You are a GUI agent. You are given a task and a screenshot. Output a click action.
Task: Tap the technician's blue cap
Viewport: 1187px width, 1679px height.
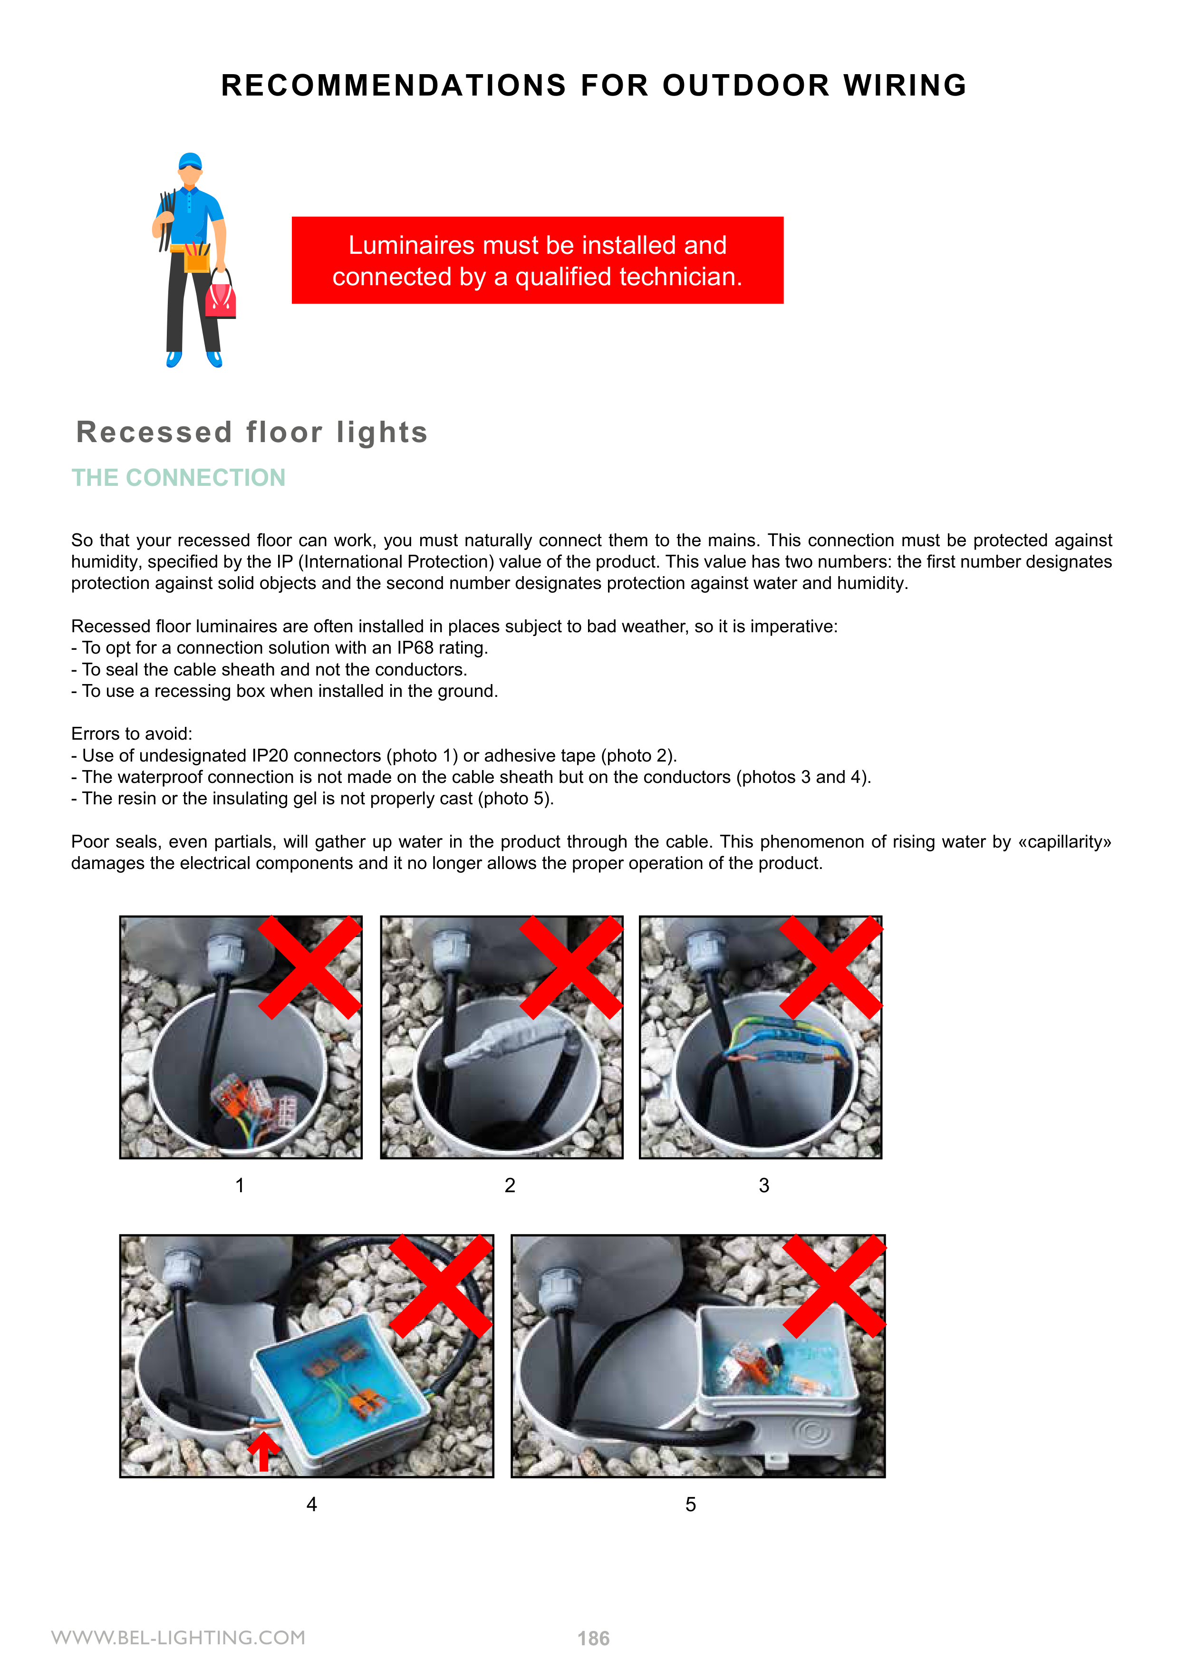(x=190, y=161)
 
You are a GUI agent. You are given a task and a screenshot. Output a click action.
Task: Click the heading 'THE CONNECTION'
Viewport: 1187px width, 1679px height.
(x=178, y=478)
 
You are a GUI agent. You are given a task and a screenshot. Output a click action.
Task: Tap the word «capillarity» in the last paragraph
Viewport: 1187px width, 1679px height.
(x=1064, y=842)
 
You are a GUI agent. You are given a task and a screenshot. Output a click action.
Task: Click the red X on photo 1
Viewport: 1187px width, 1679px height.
(x=310, y=967)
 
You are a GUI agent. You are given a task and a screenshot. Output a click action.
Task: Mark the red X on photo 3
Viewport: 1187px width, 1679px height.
(x=831, y=967)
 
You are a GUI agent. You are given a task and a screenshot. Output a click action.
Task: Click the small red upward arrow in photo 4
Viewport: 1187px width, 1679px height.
(x=263, y=1451)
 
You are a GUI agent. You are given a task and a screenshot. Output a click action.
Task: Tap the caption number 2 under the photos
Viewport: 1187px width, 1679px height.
(x=510, y=1186)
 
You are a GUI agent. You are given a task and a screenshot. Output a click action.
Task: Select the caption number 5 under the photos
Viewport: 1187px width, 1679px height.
(x=690, y=1504)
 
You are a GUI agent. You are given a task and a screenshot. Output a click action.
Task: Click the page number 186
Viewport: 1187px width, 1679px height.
(x=593, y=1639)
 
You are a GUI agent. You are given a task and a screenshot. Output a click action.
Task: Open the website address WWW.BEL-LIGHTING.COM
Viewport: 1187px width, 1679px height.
(x=178, y=1637)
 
